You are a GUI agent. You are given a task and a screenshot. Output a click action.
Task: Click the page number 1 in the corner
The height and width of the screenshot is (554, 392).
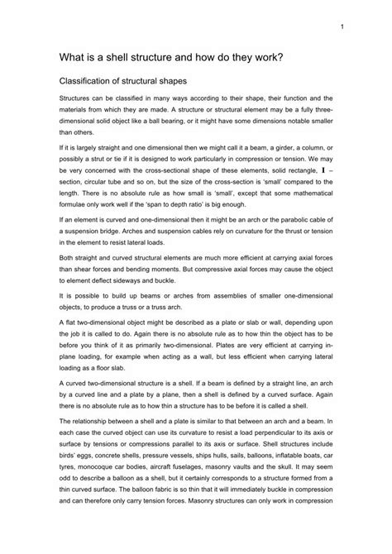click(340, 26)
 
